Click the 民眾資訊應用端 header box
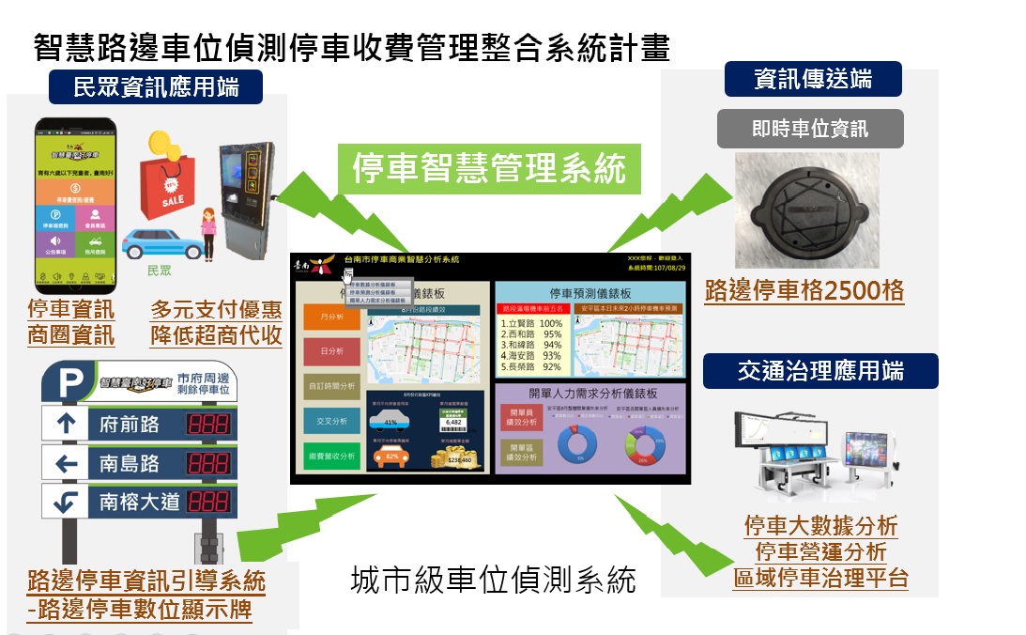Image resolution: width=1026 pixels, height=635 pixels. pyautogui.click(x=156, y=88)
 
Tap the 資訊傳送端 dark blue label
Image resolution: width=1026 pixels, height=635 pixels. pyautogui.click(x=813, y=79)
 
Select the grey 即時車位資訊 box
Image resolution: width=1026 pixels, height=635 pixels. pyautogui.click(x=810, y=129)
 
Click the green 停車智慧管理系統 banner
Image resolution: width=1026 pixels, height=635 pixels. pyautogui.click(x=489, y=169)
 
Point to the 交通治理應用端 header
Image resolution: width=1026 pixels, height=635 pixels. pyautogui.click(x=820, y=371)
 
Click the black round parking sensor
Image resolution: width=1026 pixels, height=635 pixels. pyautogui.click(x=805, y=209)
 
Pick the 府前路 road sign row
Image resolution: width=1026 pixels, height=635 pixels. pyautogui.click(x=142, y=425)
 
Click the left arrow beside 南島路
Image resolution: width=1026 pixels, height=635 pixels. pyautogui.click(x=67, y=463)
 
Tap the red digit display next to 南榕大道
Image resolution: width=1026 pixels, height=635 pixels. pyautogui.click(x=210, y=502)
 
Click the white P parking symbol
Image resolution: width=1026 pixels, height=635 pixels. pyautogui.click(x=70, y=383)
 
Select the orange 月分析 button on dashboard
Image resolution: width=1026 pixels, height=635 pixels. pyautogui.click(x=331, y=318)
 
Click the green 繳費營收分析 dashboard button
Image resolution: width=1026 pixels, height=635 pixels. pyautogui.click(x=331, y=457)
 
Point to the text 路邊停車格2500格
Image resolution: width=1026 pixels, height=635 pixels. pyautogui.click(x=804, y=290)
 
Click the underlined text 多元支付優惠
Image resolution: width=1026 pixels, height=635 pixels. pyautogui.click(x=216, y=309)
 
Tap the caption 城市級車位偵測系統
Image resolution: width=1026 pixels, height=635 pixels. pyautogui.click(x=493, y=580)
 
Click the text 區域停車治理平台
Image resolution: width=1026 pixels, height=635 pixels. pyautogui.click(x=820, y=578)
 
